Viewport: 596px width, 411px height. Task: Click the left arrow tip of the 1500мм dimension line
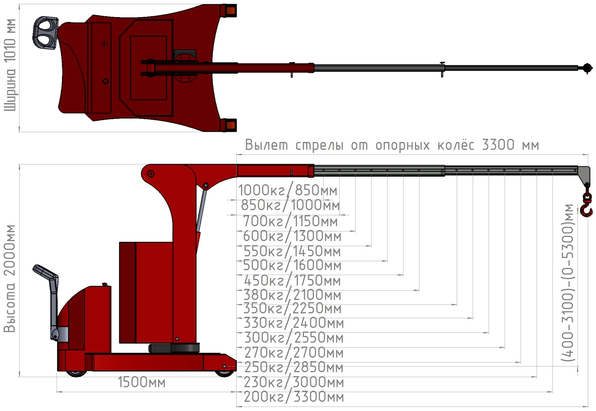pos(57,392)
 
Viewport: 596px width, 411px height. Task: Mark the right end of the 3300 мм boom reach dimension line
pos(588,155)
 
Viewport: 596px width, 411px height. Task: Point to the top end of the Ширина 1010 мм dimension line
pos(19,4)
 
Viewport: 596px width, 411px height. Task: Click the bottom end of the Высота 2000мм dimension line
pos(19,377)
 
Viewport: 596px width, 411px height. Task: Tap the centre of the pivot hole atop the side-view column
pos(151,174)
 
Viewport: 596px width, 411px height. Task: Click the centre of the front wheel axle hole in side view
pos(224,366)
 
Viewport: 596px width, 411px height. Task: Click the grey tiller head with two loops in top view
pos(45,33)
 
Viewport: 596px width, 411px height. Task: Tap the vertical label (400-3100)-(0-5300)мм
pos(568,283)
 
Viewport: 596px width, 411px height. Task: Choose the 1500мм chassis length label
pos(142,382)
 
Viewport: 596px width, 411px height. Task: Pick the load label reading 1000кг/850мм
pos(288,190)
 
